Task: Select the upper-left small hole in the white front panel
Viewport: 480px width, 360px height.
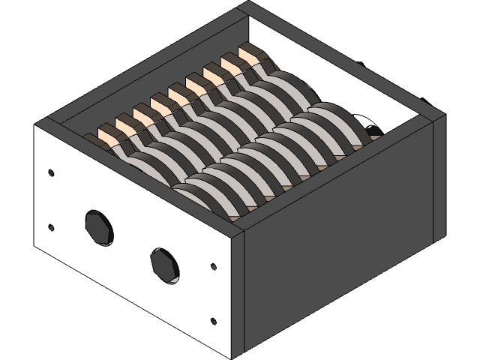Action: pyautogui.click(x=50, y=172)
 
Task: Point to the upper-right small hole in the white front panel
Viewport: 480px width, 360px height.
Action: pyautogui.click(x=214, y=265)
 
